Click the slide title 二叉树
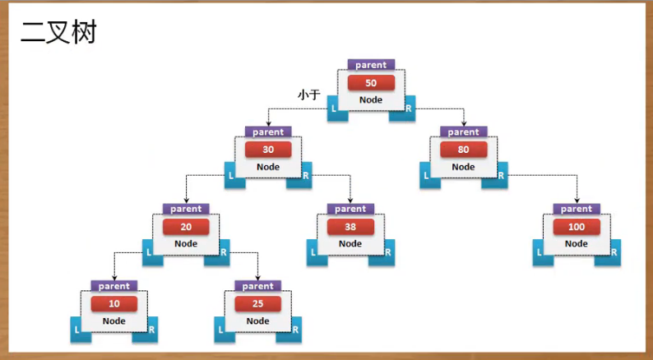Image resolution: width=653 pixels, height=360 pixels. (58, 33)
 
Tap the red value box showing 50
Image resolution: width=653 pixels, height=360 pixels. (371, 83)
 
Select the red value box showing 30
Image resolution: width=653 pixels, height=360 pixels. (268, 150)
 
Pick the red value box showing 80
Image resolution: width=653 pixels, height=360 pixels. (463, 150)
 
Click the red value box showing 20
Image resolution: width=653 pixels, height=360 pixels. (186, 227)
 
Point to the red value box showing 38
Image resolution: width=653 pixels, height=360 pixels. (350, 227)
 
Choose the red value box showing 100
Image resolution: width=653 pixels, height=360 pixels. (576, 227)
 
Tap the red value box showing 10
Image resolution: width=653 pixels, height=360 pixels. (114, 304)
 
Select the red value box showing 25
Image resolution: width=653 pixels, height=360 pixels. (258, 304)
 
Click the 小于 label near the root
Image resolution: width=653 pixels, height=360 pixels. (308, 95)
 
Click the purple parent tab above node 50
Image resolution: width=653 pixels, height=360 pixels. (371, 65)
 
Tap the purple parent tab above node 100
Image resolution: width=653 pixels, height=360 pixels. (576, 209)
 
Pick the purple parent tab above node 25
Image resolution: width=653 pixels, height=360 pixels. (258, 286)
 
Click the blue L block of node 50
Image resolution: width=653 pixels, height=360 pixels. (335, 109)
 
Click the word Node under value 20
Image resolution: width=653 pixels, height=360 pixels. (186, 243)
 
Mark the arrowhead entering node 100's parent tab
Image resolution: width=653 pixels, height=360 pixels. (576, 201)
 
